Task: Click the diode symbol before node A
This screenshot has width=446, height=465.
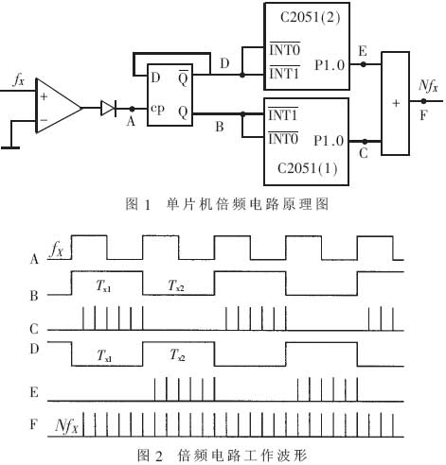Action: (x=108, y=108)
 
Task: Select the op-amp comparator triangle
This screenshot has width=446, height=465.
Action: (x=58, y=106)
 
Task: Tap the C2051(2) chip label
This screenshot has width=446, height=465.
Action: (x=311, y=17)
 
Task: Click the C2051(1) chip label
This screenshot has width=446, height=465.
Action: (x=307, y=168)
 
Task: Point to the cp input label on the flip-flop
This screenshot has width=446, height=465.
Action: (x=157, y=109)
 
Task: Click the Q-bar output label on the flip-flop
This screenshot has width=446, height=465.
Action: (x=183, y=78)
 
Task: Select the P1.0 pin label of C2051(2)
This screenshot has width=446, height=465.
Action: (x=330, y=65)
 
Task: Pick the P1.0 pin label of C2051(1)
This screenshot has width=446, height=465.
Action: (x=329, y=141)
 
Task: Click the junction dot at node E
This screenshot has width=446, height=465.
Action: (x=364, y=64)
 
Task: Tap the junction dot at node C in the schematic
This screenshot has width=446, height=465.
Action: (x=365, y=142)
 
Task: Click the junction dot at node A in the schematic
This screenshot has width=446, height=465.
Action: (x=132, y=109)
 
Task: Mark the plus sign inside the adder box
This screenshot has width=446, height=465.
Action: (x=396, y=103)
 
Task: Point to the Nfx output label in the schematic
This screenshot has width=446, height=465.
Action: (x=428, y=86)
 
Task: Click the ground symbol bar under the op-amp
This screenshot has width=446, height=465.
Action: (x=10, y=147)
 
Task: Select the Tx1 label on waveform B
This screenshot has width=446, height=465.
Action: (x=103, y=286)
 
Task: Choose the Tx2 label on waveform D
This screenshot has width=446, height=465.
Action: (x=177, y=355)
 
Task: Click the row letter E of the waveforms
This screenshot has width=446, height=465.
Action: (x=34, y=392)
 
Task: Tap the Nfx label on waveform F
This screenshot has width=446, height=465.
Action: (x=66, y=426)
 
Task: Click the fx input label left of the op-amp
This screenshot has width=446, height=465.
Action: (x=18, y=80)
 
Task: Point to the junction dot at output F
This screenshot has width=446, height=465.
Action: (x=423, y=101)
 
